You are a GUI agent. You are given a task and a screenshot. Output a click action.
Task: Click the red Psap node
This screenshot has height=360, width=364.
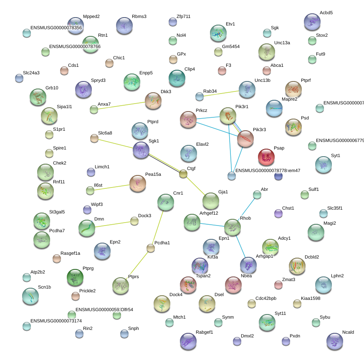click(x=266, y=157)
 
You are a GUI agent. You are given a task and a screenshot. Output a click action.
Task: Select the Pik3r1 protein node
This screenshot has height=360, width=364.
click(x=228, y=116)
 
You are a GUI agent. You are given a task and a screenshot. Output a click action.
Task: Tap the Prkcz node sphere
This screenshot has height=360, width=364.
click(x=188, y=120)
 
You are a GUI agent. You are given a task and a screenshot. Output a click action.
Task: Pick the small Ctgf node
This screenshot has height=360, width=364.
click(x=183, y=174)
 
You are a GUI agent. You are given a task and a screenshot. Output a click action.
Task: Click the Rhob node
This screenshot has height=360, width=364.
click(x=232, y=227)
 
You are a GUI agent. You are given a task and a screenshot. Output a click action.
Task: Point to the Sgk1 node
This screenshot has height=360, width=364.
click(x=141, y=150)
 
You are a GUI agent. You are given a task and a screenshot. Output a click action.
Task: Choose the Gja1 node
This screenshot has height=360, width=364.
click(x=210, y=201)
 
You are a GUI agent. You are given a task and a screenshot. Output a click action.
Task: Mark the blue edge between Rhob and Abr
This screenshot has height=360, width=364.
click(x=245, y=210)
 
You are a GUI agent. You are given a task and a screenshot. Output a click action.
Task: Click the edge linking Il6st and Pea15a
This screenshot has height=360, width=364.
click(x=114, y=186)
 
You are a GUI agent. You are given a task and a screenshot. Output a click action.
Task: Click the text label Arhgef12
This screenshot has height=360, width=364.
click(x=209, y=213)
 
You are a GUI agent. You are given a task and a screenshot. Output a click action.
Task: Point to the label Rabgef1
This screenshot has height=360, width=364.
click(x=204, y=332)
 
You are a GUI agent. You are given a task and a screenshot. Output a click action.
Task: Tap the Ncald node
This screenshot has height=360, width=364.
click(x=334, y=341)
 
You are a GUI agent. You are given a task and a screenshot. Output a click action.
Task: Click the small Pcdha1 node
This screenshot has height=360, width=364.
click(x=151, y=248)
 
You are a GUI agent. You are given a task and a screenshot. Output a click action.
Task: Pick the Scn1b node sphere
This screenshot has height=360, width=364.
click(x=30, y=296)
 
